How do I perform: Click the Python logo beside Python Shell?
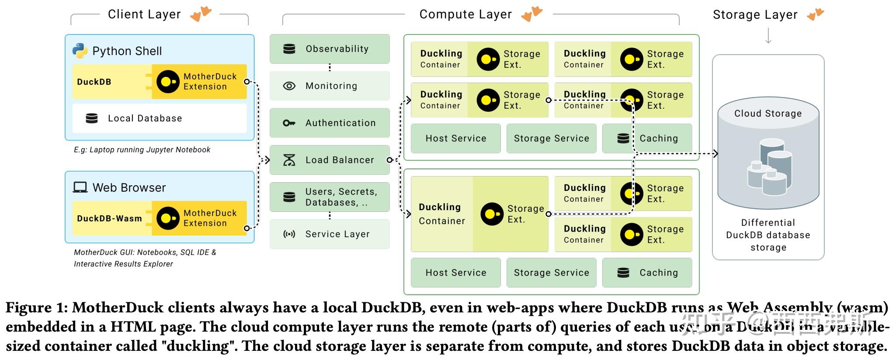pyautogui.click(x=80, y=51)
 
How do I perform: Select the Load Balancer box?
pyautogui.click(x=330, y=160)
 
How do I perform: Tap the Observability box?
pyautogui.click(x=330, y=49)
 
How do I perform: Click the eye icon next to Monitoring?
pyautogui.click(x=289, y=86)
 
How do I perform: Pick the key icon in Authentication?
pyautogui.click(x=289, y=123)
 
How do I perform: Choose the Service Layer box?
pyautogui.click(x=330, y=234)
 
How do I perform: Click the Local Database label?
pyautogui.click(x=145, y=118)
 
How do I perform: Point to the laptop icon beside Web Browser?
pyautogui.click(x=80, y=187)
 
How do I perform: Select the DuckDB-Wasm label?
pyautogui.click(x=109, y=218)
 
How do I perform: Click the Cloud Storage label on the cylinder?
pyautogui.click(x=768, y=114)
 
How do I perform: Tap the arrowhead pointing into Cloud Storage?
pyautogui.click(x=715, y=153)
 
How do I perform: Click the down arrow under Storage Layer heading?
pyautogui.click(x=768, y=36)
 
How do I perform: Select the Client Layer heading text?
pyautogui.click(x=144, y=14)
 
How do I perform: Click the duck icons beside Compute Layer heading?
pyautogui.click(x=531, y=14)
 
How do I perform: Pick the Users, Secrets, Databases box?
pyautogui.click(x=330, y=197)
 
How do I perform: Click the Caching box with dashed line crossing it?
pyautogui.click(x=647, y=138)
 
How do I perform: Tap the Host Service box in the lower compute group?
pyautogui.click(x=456, y=273)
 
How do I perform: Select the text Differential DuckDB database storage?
pyautogui.click(x=768, y=235)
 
